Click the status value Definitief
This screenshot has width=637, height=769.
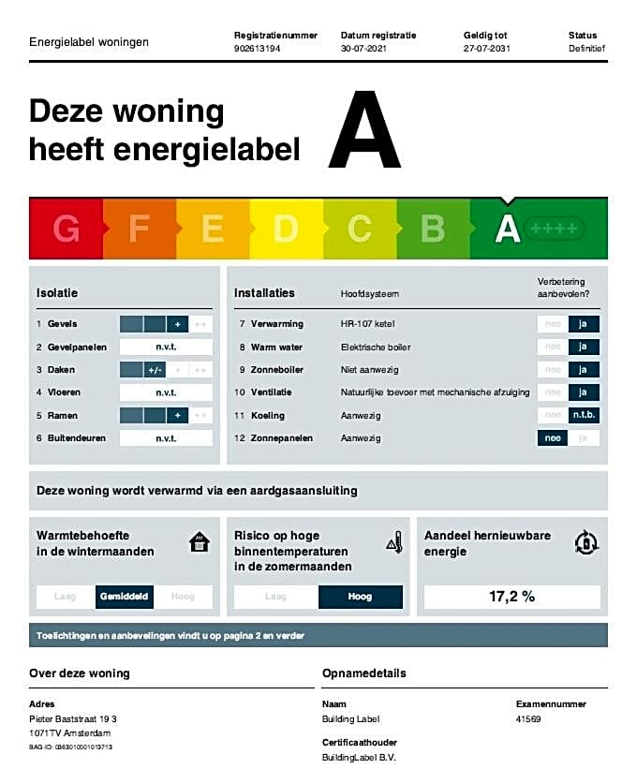(x=586, y=48)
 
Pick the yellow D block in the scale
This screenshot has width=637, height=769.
(x=286, y=229)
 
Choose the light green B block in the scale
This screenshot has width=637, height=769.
(x=432, y=229)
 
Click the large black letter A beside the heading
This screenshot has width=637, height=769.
(x=364, y=130)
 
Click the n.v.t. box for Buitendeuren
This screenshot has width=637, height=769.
(x=166, y=438)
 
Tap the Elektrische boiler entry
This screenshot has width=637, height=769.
(x=376, y=348)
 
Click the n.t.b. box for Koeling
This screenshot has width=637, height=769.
(x=585, y=415)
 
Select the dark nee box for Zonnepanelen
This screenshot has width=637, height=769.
(x=552, y=437)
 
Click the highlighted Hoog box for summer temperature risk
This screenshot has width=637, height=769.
(x=360, y=597)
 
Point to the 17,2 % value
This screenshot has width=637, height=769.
(x=511, y=597)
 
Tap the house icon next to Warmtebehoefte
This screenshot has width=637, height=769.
(x=199, y=541)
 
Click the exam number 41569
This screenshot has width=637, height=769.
(x=529, y=720)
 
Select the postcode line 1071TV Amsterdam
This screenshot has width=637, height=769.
(x=70, y=732)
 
